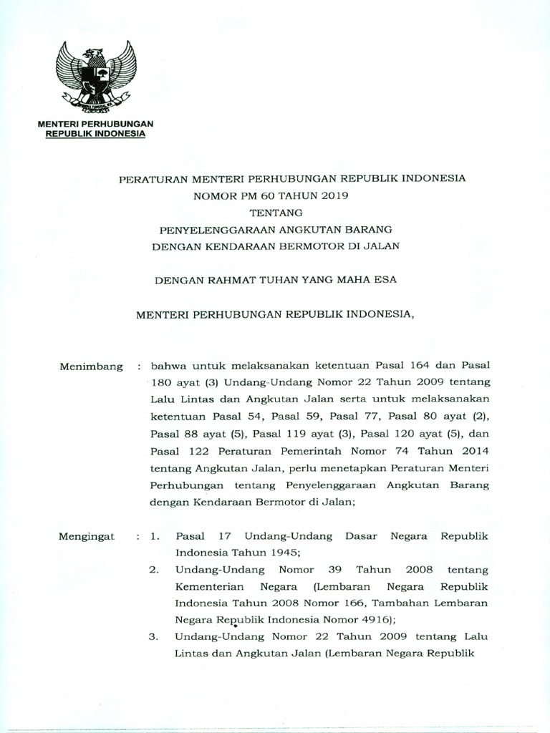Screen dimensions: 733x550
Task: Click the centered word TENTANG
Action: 276,211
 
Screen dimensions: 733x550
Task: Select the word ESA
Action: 385,281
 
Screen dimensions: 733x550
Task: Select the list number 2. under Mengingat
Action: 154,570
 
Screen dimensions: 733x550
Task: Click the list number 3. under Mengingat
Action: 154,637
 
